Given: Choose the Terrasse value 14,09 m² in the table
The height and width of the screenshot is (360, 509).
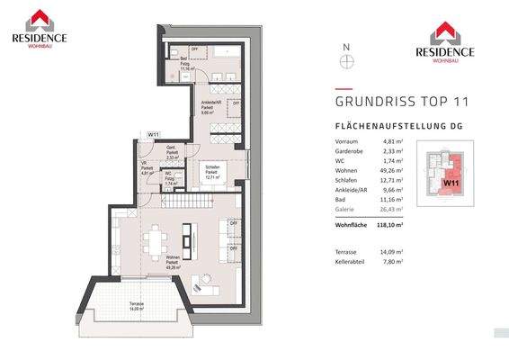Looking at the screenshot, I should point(391,251).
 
